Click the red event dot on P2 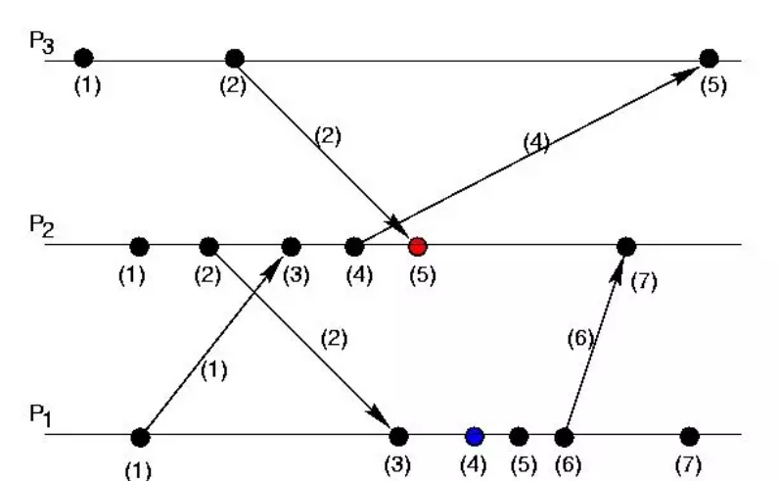pyautogui.click(x=418, y=245)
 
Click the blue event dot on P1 pyautogui.click(x=475, y=436)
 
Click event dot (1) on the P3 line pyautogui.click(x=83, y=58)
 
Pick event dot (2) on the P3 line pyautogui.click(x=234, y=58)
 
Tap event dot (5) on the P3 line pyautogui.click(x=709, y=58)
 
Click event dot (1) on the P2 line pyautogui.click(x=139, y=245)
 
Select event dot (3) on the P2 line pyautogui.click(x=291, y=245)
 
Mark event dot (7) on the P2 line pyautogui.click(x=626, y=245)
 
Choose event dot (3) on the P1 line pyautogui.click(x=398, y=436)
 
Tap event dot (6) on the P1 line pyautogui.click(x=564, y=436)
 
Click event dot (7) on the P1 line pyautogui.click(x=690, y=436)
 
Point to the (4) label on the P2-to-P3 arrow pyautogui.click(x=535, y=143)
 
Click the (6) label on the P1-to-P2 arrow pyautogui.click(x=580, y=340)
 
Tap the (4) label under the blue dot pyautogui.click(x=474, y=462)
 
